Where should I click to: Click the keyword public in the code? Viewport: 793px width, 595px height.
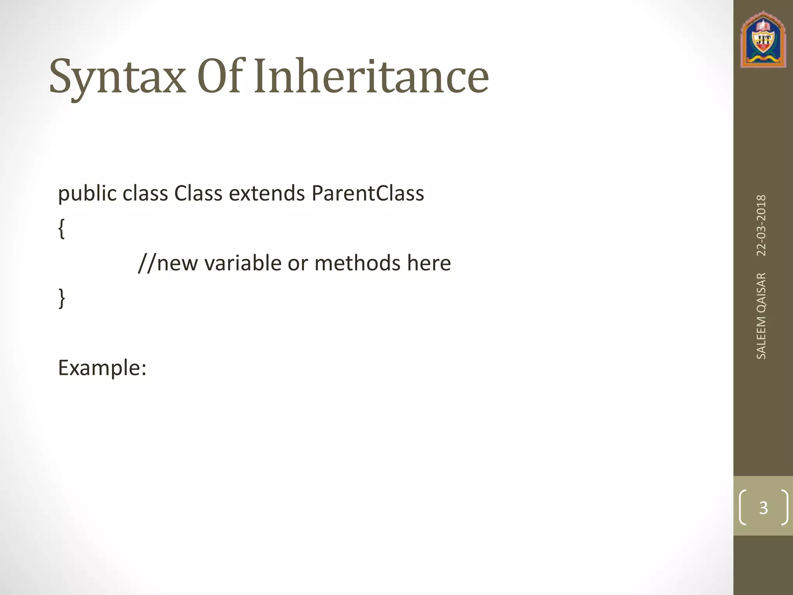click(x=87, y=194)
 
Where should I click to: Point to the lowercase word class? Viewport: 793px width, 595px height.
click(x=145, y=194)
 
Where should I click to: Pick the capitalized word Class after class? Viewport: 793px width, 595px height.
click(x=198, y=194)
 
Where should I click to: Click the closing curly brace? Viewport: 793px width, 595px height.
click(x=61, y=298)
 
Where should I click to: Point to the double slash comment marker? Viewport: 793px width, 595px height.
click(x=147, y=263)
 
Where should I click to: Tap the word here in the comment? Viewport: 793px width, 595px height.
click(x=429, y=263)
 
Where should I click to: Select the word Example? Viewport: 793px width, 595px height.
click(x=102, y=368)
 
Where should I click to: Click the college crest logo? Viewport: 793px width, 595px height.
click(x=763, y=40)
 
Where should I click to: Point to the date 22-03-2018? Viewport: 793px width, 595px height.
click(x=761, y=225)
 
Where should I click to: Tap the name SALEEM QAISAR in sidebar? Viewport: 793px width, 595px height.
click(x=761, y=316)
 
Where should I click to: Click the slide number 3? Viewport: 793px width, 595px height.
click(x=763, y=507)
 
